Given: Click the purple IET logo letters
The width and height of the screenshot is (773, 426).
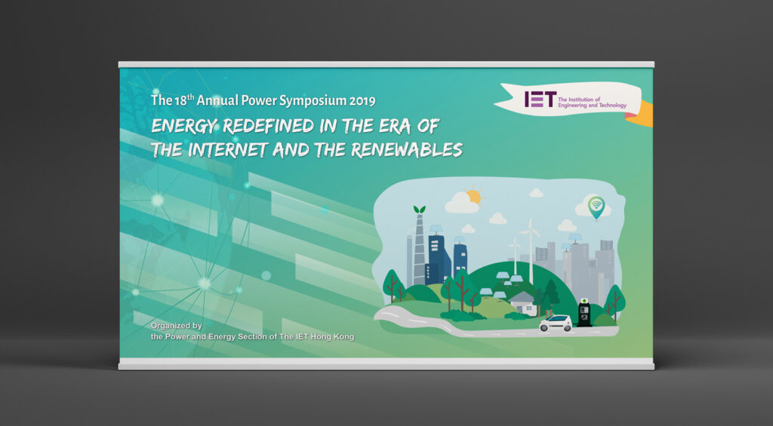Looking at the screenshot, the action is (x=540, y=99).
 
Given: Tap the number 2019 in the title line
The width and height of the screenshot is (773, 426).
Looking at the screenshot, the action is (x=362, y=101).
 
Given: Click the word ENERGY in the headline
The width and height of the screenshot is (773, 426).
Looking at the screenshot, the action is (x=184, y=127).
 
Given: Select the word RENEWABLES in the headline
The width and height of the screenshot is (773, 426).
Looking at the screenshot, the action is (x=407, y=150).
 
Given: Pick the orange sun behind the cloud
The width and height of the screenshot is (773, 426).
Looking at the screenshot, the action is (x=474, y=197).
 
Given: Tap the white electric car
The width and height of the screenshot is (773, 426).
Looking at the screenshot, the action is (x=556, y=323).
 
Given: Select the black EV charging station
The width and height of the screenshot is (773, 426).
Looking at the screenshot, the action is (x=584, y=312).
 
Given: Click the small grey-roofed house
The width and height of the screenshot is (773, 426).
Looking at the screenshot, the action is (x=523, y=303).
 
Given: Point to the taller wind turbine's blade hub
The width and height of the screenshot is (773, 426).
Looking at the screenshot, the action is (x=531, y=232).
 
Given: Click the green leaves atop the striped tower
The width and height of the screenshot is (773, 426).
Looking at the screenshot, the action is (x=420, y=210).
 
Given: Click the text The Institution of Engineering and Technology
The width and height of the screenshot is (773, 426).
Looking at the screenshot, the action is (x=592, y=103).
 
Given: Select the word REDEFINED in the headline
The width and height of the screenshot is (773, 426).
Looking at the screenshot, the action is (x=269, y=127).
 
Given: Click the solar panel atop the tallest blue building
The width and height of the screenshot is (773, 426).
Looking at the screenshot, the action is (x=436, y=229).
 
